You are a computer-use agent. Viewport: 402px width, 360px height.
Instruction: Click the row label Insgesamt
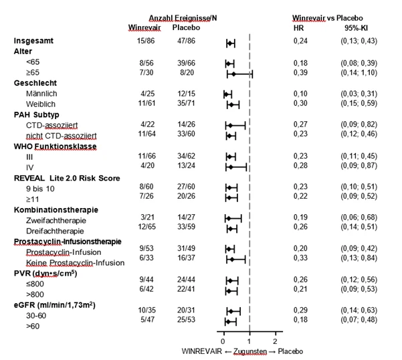[33, 41]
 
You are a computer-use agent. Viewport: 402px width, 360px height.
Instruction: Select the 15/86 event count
[146, 41]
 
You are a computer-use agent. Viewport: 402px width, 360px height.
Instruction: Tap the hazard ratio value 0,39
[300, 72]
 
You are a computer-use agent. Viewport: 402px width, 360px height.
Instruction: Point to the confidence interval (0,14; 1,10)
[359, 73]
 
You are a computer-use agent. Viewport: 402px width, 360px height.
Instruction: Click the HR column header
[299, 27]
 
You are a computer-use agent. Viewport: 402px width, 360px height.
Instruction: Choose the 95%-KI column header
[356, 27]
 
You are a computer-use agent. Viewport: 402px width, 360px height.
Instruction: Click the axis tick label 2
[275, 341]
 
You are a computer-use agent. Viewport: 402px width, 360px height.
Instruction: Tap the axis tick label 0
[223, 341]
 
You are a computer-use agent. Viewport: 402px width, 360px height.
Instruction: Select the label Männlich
[41, 94]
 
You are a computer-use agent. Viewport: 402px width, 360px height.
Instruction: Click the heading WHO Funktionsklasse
[55, 147]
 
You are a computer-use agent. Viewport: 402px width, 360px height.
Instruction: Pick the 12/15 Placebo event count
[186, 94]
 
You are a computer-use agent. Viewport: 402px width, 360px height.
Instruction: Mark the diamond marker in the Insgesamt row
[230, 43]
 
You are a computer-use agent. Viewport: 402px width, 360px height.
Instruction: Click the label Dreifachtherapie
[55, 231]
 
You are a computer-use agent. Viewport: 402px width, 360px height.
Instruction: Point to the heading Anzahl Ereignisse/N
[183, 18]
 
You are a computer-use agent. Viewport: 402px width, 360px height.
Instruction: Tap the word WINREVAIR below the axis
[202, 351]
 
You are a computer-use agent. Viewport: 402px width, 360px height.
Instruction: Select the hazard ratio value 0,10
[300, 94]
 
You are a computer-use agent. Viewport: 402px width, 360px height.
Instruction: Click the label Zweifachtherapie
[56, 221]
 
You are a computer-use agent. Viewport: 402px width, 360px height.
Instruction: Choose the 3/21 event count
[147, 217]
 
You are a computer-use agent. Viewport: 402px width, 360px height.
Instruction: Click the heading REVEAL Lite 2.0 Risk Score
[67, 178]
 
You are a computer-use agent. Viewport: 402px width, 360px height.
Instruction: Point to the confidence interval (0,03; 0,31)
[359, 94]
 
